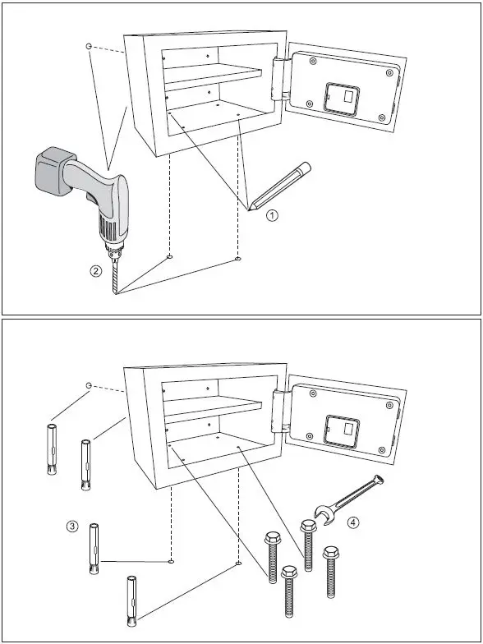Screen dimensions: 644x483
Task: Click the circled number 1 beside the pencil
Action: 273,217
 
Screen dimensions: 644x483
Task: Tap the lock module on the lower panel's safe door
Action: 343,429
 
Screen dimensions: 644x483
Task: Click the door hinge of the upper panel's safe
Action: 280,79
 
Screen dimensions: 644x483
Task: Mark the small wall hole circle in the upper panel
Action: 89,48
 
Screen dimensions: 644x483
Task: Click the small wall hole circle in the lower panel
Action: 89,384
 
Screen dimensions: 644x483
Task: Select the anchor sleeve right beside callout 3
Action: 94,548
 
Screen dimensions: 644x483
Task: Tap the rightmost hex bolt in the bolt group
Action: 331,570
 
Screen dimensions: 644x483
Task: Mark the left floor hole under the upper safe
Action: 169,257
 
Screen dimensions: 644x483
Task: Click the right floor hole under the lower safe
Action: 237,563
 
